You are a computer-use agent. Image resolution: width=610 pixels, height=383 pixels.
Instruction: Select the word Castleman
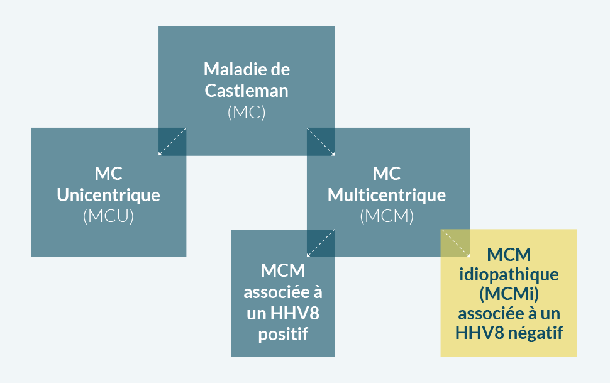point(247,90)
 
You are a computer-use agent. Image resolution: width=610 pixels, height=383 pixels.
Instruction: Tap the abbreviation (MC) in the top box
point(247,113)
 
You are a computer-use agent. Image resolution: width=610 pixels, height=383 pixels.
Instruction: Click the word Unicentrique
point(109,195)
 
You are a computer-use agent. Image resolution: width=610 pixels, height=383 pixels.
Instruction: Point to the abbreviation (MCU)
point(109,216)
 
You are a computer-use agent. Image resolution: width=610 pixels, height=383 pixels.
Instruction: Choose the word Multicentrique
point(387,195)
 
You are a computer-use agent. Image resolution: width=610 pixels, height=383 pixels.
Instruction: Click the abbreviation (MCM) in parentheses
point(387,216)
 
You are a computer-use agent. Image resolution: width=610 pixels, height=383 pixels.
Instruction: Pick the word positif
point(283,334)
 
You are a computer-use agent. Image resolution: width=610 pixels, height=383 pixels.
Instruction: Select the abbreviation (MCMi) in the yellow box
point(509,294)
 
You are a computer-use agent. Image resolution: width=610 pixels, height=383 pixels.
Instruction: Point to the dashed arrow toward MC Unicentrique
point(172,142)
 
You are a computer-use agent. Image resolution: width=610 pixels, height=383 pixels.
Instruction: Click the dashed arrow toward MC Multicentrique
point(320,142)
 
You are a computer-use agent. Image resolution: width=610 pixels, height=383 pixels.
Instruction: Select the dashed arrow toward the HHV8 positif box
point(320,243)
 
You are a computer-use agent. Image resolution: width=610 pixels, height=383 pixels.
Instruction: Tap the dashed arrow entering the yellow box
point(455,243)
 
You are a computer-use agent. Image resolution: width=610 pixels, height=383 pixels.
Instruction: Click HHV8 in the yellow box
point(480,331)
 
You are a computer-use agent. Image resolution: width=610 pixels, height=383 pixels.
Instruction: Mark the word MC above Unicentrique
point(109,174)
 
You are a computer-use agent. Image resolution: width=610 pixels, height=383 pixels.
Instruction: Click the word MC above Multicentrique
point(387,174)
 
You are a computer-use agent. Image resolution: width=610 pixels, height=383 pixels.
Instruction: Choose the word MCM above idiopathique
point(509,255)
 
